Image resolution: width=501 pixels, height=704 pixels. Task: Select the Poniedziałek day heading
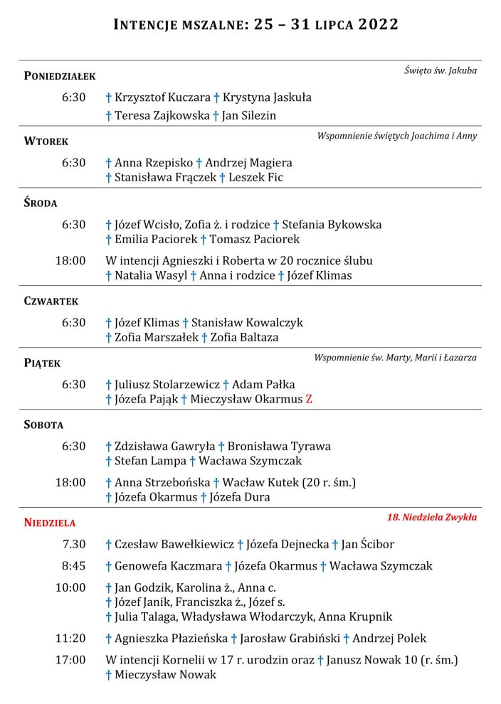coord(60,76)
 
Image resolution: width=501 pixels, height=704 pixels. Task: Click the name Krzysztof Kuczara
coord(162,97)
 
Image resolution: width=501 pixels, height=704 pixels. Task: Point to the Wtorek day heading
coord(46,142)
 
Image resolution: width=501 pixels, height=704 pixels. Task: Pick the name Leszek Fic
coord(255,177)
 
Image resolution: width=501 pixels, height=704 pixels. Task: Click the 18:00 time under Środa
coord(70,260)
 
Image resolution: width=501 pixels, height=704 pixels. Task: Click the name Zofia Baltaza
coord(244,337)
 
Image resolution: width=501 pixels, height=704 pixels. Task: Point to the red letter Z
coord(309,400)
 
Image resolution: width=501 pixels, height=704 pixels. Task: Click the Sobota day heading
coord(44,425)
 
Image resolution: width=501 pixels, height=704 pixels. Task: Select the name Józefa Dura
coord(240,497)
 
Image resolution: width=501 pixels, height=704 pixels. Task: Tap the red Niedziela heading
coord(50,523)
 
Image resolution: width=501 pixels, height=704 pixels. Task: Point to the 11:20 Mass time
coord(70,639)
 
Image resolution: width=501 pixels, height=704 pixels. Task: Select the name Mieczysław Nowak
coord(165,674)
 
